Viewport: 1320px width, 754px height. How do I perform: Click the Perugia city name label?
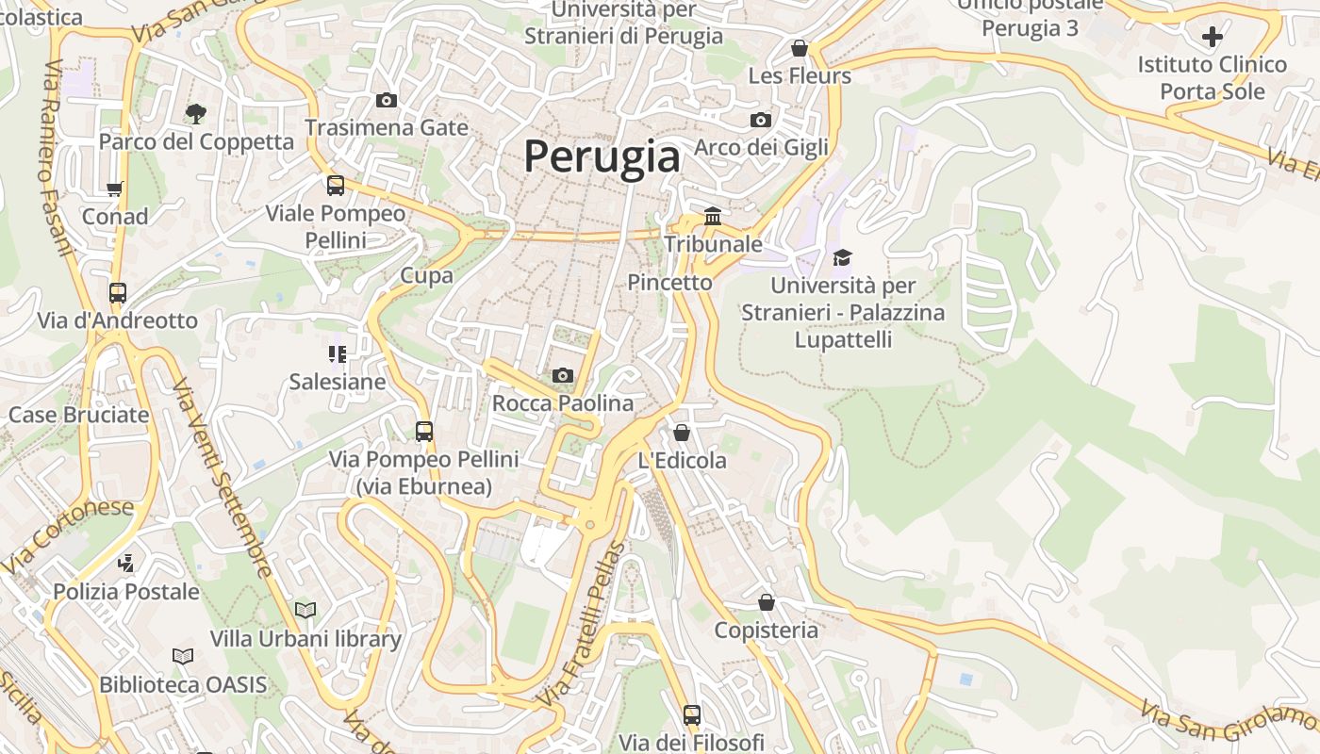pos(602,156)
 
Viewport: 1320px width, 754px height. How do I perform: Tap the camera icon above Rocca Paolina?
pos(563,376)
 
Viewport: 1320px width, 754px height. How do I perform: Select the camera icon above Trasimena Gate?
pos(386,101)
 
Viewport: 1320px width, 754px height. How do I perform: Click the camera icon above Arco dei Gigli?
pos(761,121)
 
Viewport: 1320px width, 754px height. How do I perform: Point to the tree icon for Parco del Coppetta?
pos(196,114)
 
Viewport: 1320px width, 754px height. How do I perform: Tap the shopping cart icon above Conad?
pos(115,189)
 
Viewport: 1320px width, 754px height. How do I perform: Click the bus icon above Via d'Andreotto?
pos(118,293)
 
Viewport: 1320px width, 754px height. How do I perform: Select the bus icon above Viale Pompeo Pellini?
pos(336,186)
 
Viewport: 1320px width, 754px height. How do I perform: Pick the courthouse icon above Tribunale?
pos(713,217)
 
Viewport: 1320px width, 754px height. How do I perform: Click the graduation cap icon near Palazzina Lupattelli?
pos(842,257)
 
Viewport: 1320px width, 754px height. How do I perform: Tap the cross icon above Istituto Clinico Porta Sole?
pos(1213,38)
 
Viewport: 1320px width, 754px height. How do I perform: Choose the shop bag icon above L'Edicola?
pos(682,433)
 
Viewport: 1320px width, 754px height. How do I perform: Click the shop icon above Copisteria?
pos(767,602)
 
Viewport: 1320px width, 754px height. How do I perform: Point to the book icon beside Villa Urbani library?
pos(305,611)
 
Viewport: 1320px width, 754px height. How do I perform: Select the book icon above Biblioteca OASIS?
pos(183,656)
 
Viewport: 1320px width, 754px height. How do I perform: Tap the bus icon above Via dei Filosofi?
pos(692,715)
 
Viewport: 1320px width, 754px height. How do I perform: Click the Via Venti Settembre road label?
pos(222,478)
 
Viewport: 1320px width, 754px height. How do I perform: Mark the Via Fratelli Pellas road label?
pos(583,625)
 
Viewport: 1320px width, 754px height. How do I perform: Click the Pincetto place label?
pos(669,282)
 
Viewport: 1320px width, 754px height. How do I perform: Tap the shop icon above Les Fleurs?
pos(800,48)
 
